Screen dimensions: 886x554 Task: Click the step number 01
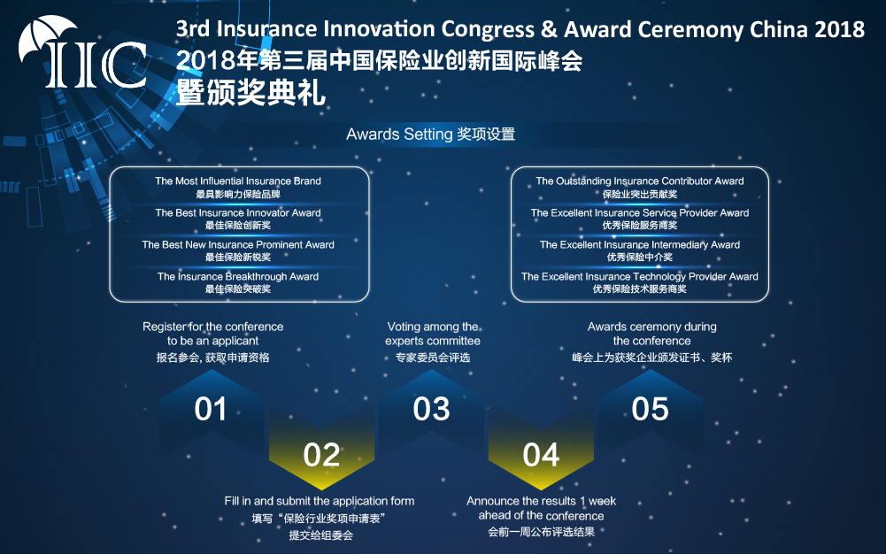tap(211, 409)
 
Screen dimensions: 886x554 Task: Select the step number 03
tap(431, 409)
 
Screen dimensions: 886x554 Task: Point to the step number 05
tap(650, 409)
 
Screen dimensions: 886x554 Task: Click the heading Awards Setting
tap(399, 135)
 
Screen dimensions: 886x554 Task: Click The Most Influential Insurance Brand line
tap(238, 181)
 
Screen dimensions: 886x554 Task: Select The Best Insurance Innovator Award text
tap(238, 213)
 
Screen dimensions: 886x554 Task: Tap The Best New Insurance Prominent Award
tap(238, 244)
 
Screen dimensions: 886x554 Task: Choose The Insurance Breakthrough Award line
tap(238, 276)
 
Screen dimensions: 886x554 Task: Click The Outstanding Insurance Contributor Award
tap(640, 181)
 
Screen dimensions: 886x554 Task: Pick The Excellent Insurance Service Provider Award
tap(640, 213)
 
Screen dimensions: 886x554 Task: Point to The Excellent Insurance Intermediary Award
tap(640, 244)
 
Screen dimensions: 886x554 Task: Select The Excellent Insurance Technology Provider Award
tap(640, 276)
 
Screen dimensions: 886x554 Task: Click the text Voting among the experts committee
tap(433, 334)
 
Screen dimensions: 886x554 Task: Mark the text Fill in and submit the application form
tap(320, 501)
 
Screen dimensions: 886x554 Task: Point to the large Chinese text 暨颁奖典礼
tap(250, 93)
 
